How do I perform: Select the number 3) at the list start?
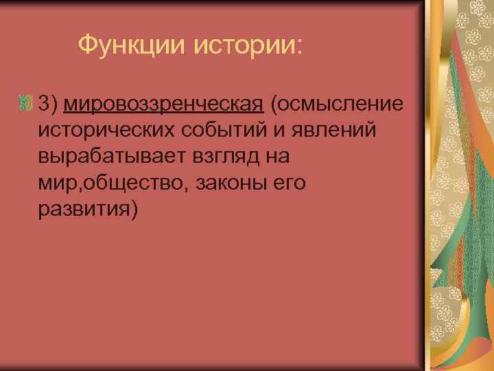[x=49, y=104]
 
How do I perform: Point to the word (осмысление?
[x=336, y=104]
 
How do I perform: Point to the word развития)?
[x=89, y=209]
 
